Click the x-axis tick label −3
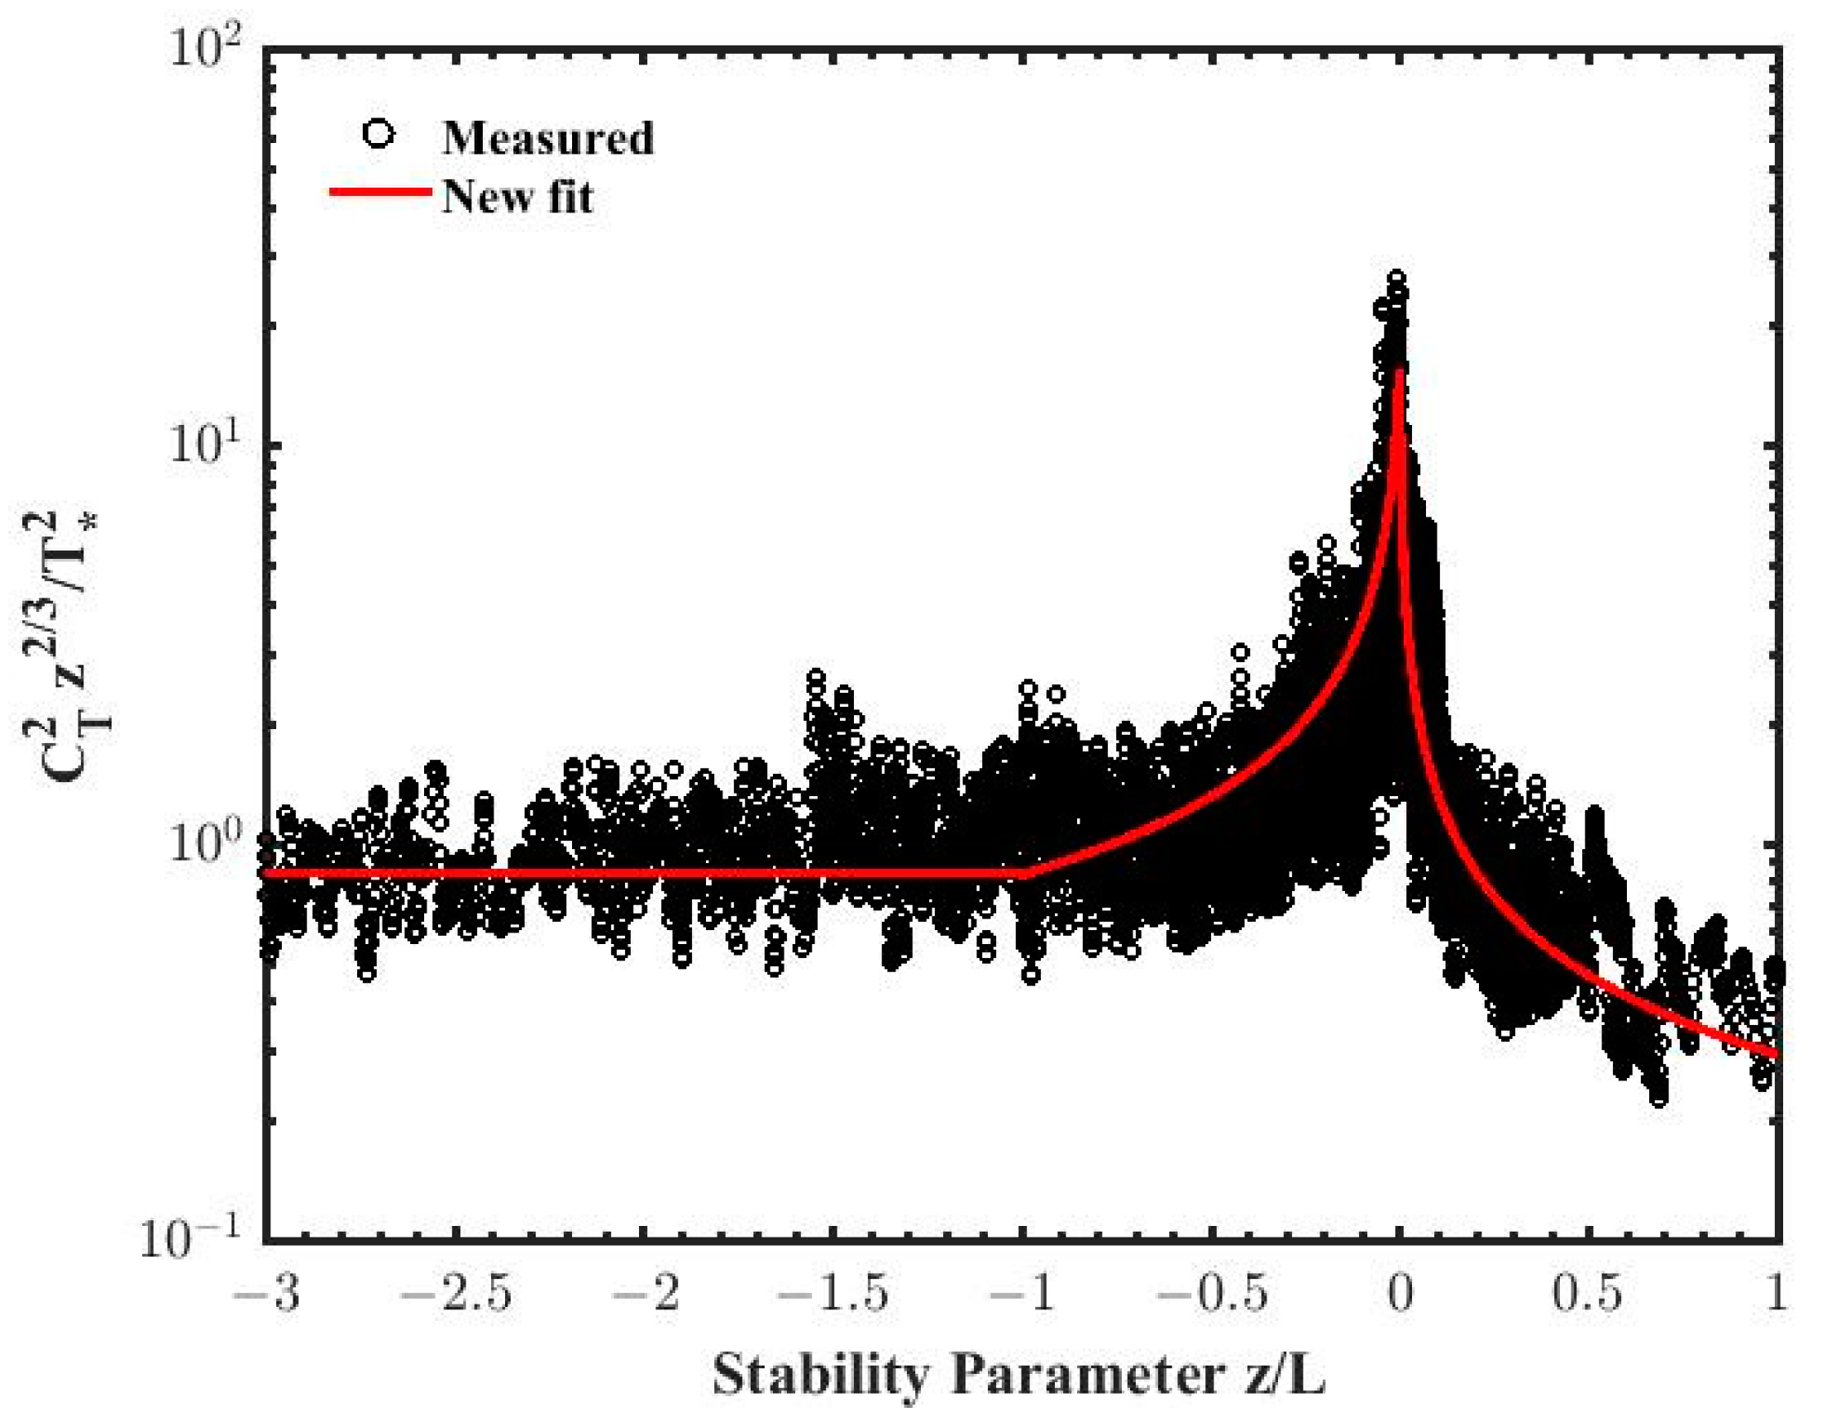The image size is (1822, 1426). (265, 1295)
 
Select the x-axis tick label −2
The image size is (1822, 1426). (643, 1295)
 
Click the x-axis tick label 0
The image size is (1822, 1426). (1400, 1295)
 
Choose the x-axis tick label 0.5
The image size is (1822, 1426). (1587, 1295)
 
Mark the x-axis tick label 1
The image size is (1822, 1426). (1777, 1295)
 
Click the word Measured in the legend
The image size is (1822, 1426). (547, 138)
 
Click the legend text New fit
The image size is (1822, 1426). (518, 197)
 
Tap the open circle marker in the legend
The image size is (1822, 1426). (379, 135)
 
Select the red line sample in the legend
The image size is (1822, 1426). (380, 192)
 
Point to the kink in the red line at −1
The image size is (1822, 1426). (1025, 874)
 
